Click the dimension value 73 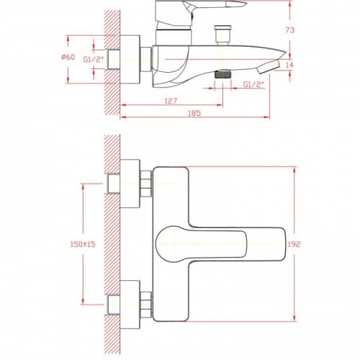click(289, 30)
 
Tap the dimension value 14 click(289, 65)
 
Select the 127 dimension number click(171, 101)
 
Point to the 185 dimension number click(194, 113)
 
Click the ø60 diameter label click(68, 57)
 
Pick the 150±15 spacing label click(83, 244)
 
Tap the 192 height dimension click(294, 244)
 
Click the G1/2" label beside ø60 click(94, 59)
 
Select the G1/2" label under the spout click(253, 84)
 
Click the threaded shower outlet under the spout click(222, 74)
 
